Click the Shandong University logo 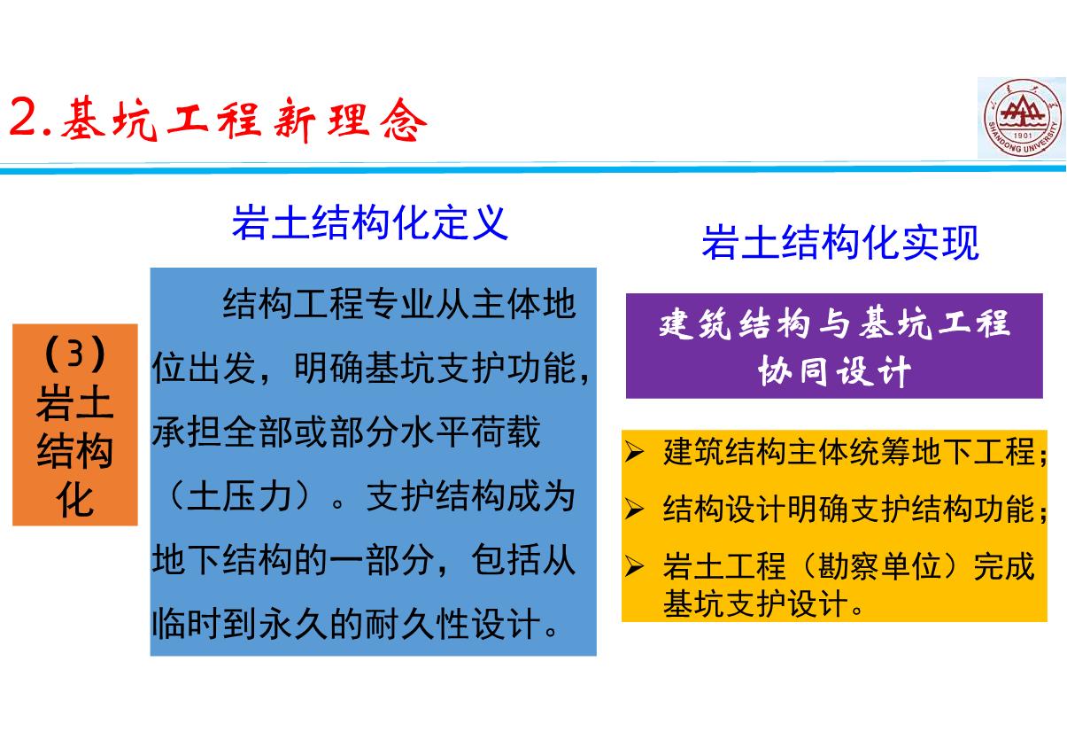pyautogui.click(x=1021, y=118)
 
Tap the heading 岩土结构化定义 pyautogui.click(x=370, y=222)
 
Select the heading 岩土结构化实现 pyautogui.click(x=839, y=242)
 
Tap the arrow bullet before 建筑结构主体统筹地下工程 pyautogui.click(x=635, y=455)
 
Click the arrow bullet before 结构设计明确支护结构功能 pyautogui.click(x=635, y=510)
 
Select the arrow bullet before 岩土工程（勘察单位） pyautogui.click(x=635, y=567)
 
